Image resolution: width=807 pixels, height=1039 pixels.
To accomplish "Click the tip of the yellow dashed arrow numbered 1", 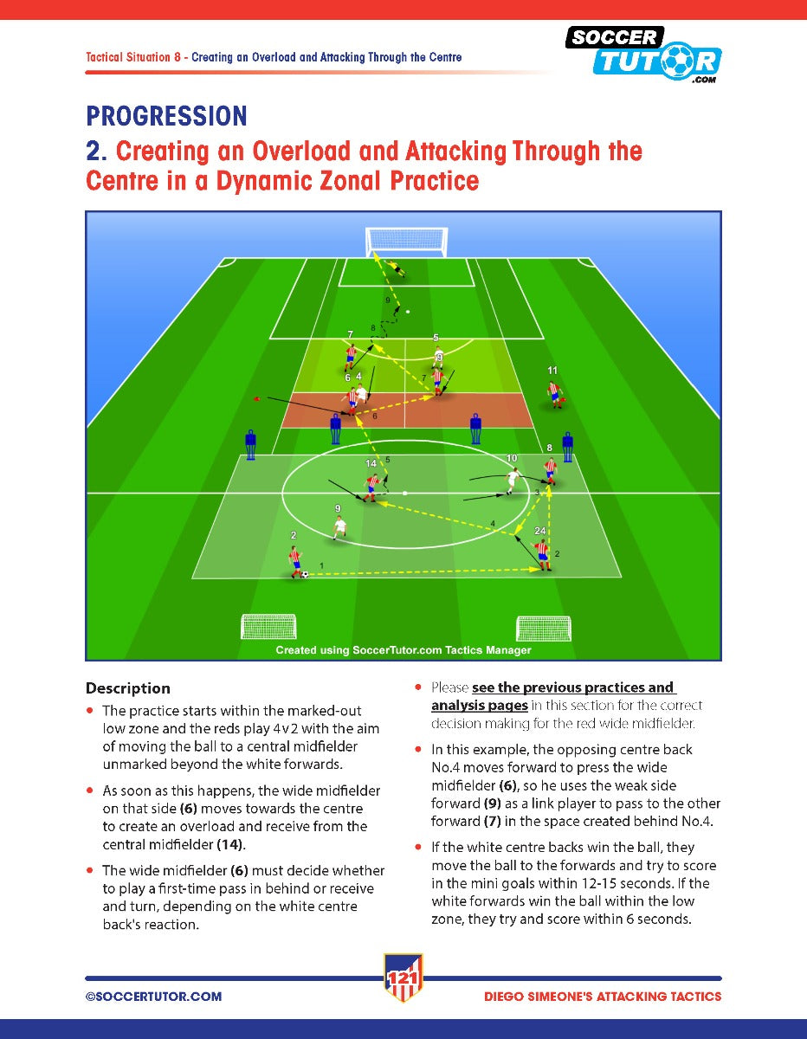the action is [540, 569].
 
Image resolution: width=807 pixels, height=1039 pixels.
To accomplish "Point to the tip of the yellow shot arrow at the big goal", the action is [374, 253].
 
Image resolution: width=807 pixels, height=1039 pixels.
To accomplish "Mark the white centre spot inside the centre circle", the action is [405, 493].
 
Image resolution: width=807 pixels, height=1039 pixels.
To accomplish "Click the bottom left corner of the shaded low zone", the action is [192, 578].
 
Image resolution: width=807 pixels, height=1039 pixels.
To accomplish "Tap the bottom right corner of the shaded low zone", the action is [621, 578].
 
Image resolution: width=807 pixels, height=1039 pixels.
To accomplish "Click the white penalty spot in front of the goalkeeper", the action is [408, 312].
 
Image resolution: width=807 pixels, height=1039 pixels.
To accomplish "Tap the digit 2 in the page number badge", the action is [403, 978].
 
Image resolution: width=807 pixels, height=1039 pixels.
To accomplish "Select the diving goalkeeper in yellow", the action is [397, 268].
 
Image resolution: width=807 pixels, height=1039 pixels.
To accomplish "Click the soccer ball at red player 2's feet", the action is [305, 574].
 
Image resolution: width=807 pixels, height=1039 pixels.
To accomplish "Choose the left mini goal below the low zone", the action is [268, 626].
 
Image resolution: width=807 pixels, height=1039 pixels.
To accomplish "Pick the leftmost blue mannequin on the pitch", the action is [250, 444].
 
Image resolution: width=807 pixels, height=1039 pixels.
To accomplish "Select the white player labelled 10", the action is [513, 480].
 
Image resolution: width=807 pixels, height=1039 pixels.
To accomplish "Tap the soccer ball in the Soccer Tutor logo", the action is [677, 61].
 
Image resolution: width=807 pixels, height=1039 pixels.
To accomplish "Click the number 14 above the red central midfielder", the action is [371, 463].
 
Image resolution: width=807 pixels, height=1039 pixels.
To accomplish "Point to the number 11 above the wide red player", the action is [552, 370].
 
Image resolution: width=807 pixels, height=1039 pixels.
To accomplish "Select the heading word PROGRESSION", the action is [166, 116].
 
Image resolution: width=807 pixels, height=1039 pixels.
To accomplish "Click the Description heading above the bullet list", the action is [128, 688].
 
